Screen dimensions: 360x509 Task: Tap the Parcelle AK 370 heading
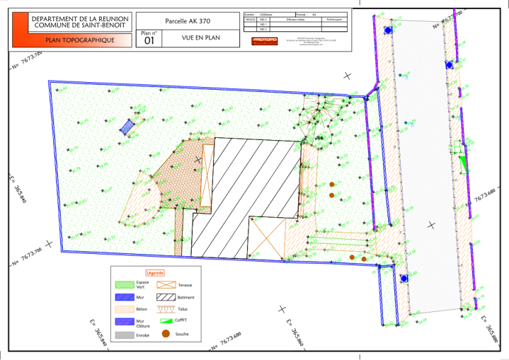(188, 21)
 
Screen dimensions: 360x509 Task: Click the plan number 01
(149, 41)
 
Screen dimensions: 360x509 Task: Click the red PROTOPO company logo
(265, 40)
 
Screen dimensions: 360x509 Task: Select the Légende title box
(155, 272)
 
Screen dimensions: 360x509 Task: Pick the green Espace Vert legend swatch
(123, 285)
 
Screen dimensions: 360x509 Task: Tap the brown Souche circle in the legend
(165, 333)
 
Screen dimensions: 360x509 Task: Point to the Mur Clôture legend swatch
(123, 321)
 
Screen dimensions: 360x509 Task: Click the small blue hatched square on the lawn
(126, 127)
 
